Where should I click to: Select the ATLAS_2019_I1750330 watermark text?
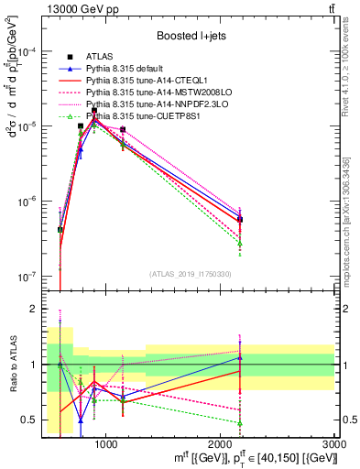tap(190, 274)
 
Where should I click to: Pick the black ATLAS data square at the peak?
tap(93, 110)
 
